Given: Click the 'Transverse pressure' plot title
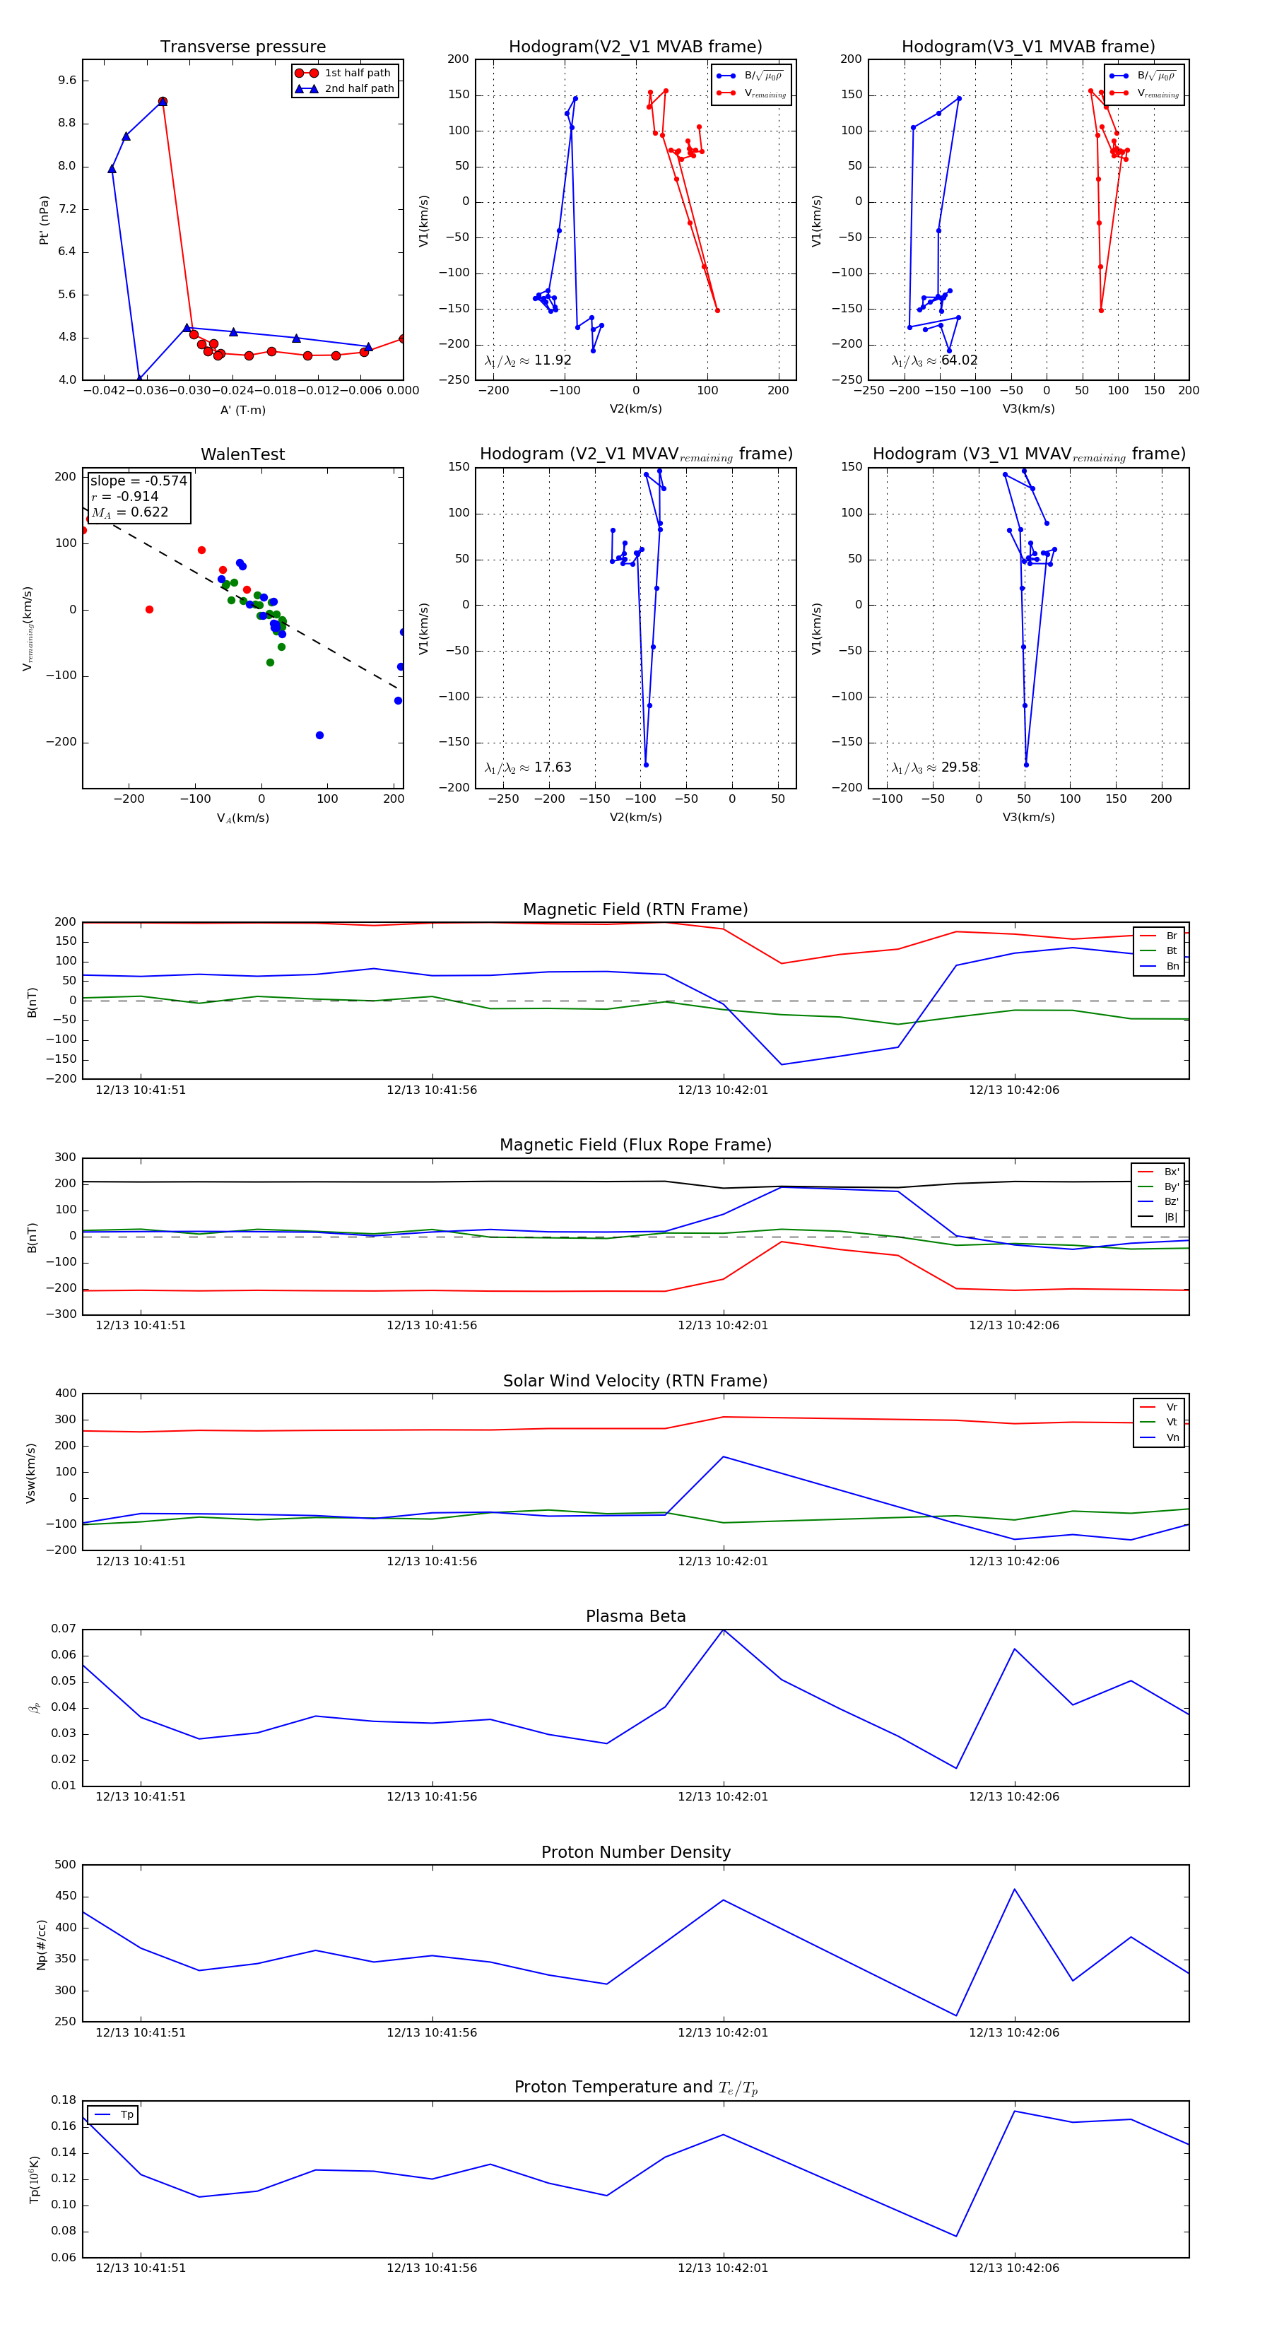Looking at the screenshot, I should (242, 47).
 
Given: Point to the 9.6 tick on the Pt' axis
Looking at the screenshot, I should (67, 81).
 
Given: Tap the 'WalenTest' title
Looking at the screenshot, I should (242, 454).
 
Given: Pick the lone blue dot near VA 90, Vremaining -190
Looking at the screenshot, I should (319, 735).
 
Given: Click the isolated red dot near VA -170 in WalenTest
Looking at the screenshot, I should (149, 609).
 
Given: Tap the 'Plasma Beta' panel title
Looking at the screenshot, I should (635, 1616).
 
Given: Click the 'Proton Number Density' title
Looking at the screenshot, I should (635, 1852).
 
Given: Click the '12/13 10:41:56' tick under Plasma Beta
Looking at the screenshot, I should (432, 1797).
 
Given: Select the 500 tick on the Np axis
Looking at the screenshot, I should (65, 1865).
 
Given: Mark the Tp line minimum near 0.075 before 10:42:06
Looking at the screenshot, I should (956, 2236).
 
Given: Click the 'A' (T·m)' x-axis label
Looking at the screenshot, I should (242, 410).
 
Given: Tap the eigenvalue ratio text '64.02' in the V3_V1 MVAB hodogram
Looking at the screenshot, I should (959, 360).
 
